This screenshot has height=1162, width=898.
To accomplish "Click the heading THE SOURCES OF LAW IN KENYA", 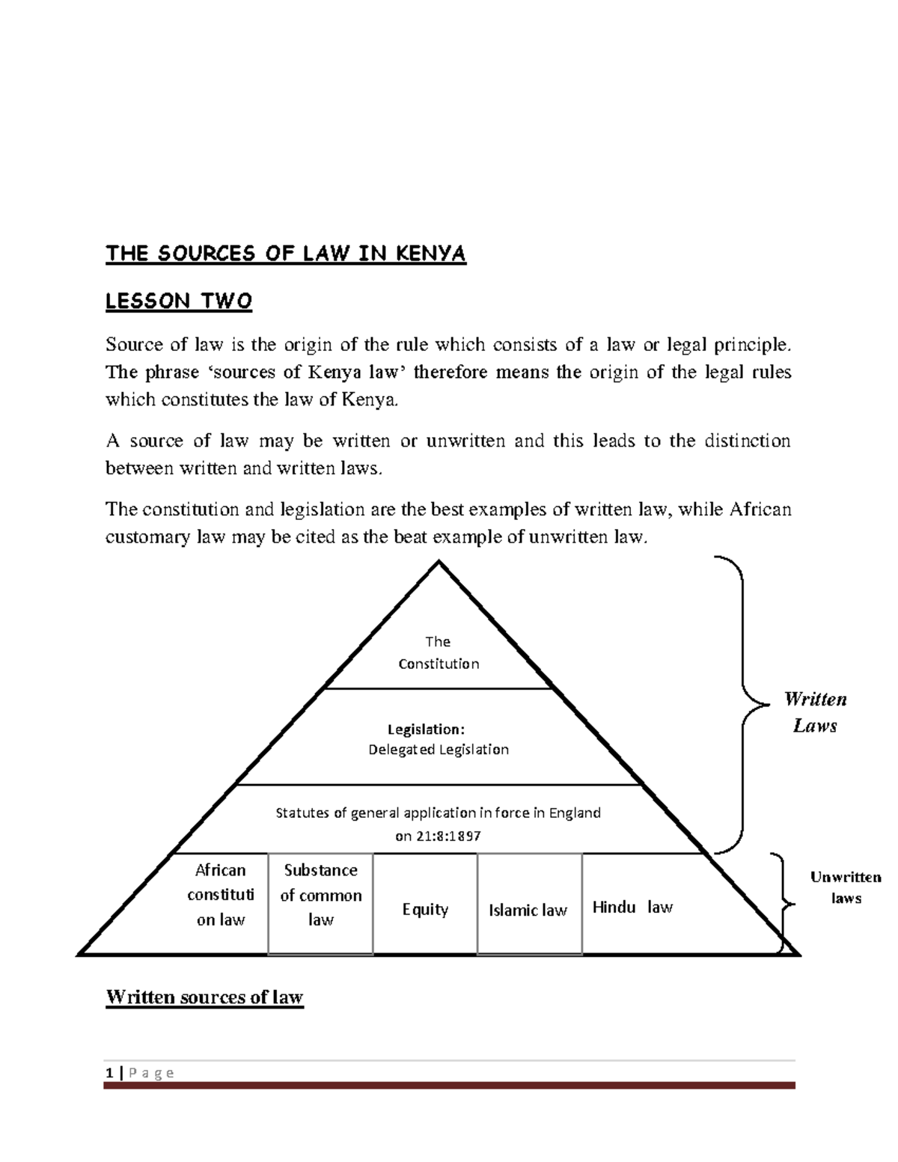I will pyautogui.click(x=285, y=254).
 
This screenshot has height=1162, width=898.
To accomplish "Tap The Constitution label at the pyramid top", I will pyautogui.click(x=439, y=652).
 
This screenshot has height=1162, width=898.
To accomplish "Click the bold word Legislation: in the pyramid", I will pyautogui.click(x=426, y=729).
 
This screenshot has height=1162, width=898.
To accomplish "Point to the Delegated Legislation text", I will pyautogui.click(x=439, y=750).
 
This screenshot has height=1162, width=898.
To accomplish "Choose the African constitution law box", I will pyautogui.click(x=221, y=895).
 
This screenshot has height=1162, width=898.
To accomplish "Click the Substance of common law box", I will pyautogui.click(x=320, y=895).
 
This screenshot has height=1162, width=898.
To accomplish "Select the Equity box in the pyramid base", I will pyautogui.click(x=425, y=910).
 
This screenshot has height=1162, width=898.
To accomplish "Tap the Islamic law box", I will pyautogui.click(x=528, y=911).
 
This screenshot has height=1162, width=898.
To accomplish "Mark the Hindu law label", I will pyautogui.click(x=632, y=908).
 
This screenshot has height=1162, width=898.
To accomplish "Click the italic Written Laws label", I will pyautogui.click(x=815, y=712).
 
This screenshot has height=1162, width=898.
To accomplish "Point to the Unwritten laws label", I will pyautogui.click(x=846, y=887).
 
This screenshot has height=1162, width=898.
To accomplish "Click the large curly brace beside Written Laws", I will pyautogui.click(x=744, y=703).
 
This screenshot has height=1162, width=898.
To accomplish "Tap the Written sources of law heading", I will pyautogui.click(x=204, y=997).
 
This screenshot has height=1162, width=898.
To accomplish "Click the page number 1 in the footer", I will pyautogui.click(x=109, y=1073).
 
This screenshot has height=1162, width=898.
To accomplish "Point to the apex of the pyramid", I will pyautogui.click(x=439, y=563).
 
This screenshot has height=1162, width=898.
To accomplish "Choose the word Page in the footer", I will pyautogui.click(x=151, y=1073).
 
